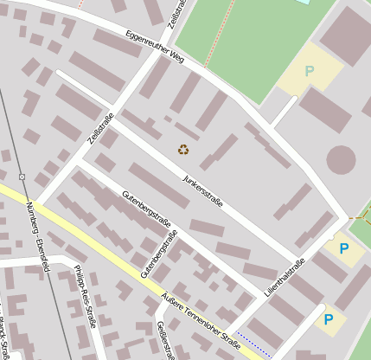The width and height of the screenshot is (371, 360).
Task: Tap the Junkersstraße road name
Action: (x=203, y=191)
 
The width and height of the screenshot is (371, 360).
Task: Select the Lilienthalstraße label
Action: (x=285, y=279)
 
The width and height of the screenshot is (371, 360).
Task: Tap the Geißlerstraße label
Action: (x=164, y=340)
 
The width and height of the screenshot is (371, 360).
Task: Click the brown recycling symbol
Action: (x=183, y=149)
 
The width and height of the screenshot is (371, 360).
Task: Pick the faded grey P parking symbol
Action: (x=310, y=71)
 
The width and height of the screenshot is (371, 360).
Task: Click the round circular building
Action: (x=341, y=159)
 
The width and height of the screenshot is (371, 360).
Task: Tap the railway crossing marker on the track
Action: (x=22, y=177)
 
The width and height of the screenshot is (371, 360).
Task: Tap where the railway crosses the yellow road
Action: (x=29, y=202)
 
